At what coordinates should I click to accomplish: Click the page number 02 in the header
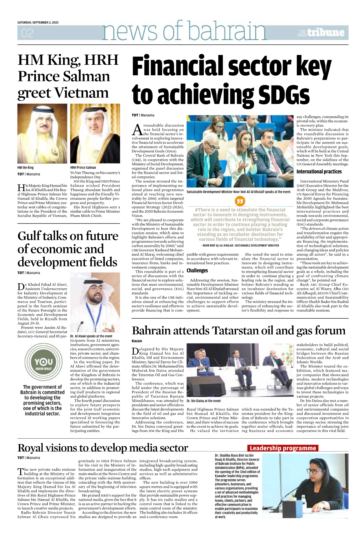click(x=27, y=33)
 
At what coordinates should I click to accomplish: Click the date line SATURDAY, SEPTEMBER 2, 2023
click(x=38, y=22)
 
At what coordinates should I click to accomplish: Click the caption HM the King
click(x=26, y=168)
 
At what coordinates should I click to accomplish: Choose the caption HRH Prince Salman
click(x=83, y=168)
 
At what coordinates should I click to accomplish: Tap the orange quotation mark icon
click(x=240, y=201)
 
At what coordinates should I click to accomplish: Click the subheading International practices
click(x=319, y=172)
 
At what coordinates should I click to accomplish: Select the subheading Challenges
click(x=197, y=271)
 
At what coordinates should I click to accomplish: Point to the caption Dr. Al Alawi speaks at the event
click(x=91, y=336)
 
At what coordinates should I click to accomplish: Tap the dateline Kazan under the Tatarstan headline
click(x=137, y=341)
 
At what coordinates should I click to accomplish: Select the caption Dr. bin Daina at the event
click(x=204, y=401)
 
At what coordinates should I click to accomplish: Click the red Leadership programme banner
click(x=283, y=448)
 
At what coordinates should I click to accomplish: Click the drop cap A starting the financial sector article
click(x=137, y=130)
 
